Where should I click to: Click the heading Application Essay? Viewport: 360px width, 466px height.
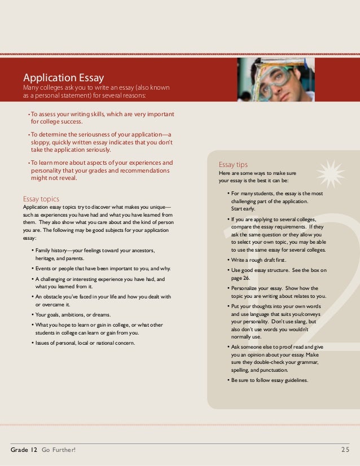(x=63, y=78)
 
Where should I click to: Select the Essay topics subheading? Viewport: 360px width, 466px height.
(x=41, y=199)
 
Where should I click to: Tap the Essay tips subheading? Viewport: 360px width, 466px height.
(x=233, y=165)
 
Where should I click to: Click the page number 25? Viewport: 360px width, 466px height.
(x=346, y=449)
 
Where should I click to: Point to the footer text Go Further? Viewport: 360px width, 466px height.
(x=58, y=449)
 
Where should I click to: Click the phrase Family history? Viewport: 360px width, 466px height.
(x=51, y=250)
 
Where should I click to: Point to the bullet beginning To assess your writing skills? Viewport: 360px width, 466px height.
(x=102, y=117)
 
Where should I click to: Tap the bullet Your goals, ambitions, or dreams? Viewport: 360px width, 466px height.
(x=73, y=315)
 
